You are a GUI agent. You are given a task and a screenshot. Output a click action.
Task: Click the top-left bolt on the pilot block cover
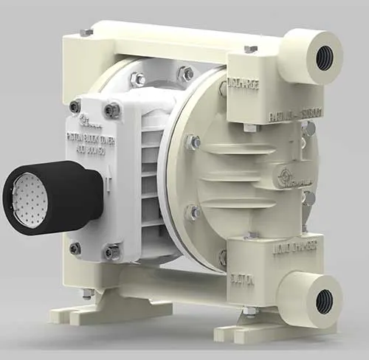[75, 106]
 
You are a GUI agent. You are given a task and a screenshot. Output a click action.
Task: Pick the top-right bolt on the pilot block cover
[111, 110]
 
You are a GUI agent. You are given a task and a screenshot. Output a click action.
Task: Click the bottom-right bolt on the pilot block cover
[111, 252]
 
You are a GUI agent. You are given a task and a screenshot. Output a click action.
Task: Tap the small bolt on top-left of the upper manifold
[86, 33]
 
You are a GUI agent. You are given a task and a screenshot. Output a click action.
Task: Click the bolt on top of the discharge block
[250, 49]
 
